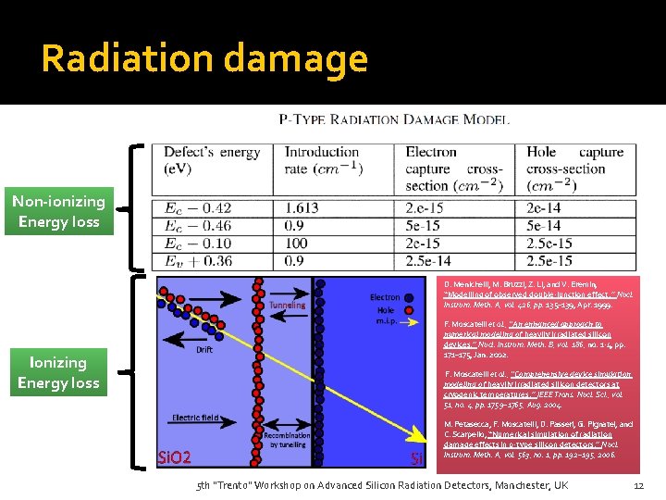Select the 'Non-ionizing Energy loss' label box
click(58, 211)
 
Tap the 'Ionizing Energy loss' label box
click(57, 372)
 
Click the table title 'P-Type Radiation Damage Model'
click(394, 119)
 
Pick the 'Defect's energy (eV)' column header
click(212, 160)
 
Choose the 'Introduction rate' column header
click(324, 160)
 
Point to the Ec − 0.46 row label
click(198, 226)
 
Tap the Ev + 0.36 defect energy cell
click(198, 261)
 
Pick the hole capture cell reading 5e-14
click(543, 226)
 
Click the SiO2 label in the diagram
click(174, 456)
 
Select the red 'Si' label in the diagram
click(416, 458)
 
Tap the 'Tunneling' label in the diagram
click(287, 305)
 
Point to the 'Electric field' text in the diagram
click(195, 418)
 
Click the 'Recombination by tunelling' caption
click(288, 441)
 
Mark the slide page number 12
click(638, 486)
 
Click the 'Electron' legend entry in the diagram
click(385, 297)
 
